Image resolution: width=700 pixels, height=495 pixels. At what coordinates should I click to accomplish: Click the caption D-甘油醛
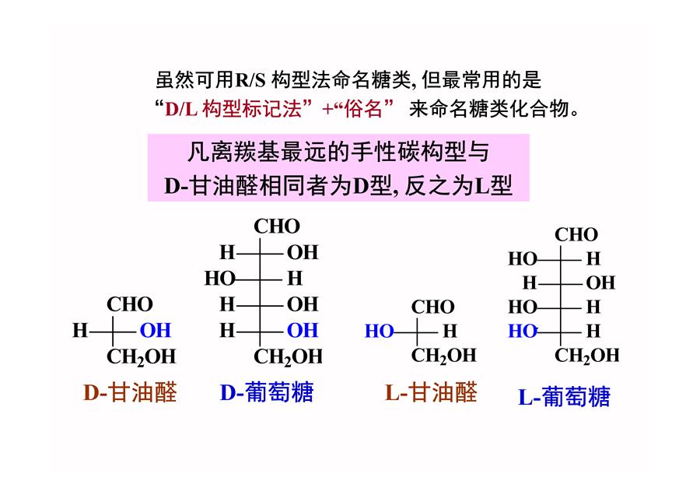coord(130,392)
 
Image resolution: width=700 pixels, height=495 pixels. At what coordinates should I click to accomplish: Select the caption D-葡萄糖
coord(267,392)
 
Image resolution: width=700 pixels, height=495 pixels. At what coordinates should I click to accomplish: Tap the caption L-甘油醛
coord(431,392)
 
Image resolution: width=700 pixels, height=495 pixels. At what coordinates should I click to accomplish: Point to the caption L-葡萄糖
coord(564,397)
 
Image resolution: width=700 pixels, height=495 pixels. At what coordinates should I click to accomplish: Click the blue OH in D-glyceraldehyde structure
coord(156,331)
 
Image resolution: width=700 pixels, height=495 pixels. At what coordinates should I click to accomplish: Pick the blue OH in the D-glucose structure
coord(303,331)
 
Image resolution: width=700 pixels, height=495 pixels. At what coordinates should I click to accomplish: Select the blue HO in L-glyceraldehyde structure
coord(379,331)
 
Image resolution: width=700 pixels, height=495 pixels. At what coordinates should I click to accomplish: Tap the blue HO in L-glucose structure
coord(523,331)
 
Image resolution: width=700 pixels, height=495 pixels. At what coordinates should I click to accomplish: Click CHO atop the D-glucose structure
coord(277,226)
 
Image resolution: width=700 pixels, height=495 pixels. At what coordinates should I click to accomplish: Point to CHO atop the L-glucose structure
coord(576,234)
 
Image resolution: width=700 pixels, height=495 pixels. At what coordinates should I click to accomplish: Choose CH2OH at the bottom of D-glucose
coord(288,357)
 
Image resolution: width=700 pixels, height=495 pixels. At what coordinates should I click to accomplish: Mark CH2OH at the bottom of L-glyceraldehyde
coord(444,356)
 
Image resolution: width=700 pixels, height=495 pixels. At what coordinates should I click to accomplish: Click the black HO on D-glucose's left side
coord(219,279)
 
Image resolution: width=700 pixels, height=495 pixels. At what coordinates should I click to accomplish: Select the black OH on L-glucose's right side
coord(600,283)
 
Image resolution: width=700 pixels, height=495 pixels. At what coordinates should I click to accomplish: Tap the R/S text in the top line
coord(250,80)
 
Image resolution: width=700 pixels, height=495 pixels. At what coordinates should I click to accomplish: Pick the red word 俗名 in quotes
coord(363,108)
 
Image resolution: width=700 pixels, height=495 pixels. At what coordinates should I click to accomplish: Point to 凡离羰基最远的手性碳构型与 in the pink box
coord(338,152)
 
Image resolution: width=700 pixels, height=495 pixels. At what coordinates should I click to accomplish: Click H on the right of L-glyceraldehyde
coord(450,331)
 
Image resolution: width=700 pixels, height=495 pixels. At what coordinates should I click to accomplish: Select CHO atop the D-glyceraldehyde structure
coord(130,304)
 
